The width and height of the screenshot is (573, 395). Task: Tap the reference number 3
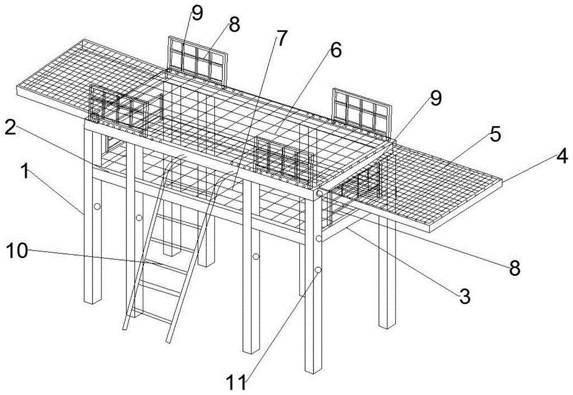(x=464, y=295)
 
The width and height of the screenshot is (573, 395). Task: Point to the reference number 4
(x=563, y=155)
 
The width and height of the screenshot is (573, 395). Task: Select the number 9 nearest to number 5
(x=436, y=98)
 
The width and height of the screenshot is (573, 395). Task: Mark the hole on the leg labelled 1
(x=97, y=206)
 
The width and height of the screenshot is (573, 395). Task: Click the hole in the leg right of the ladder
(x=256, y=256)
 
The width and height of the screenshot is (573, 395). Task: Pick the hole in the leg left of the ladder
(x=139, y=218)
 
